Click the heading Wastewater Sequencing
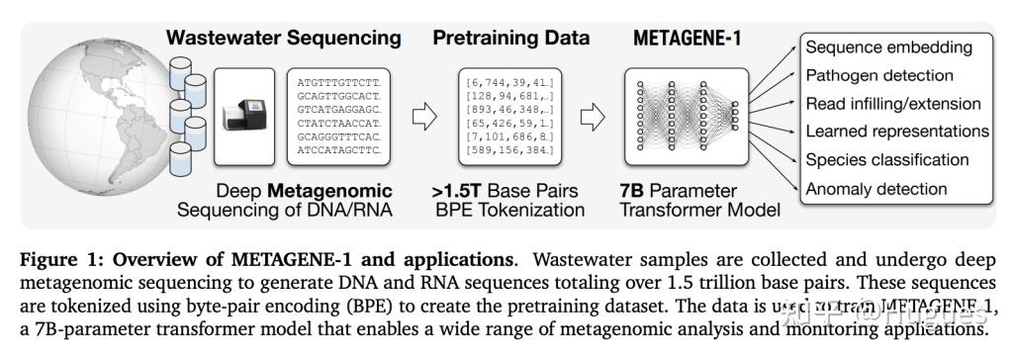tap(284, 39)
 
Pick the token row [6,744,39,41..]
tap(510, 77)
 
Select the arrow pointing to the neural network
tap(592, 117)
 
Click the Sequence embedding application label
tap(888, 47)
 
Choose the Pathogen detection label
tap(879, 75)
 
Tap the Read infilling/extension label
tap(892, 103)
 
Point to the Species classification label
tap(887, 159)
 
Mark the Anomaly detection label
tap(876, 188)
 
